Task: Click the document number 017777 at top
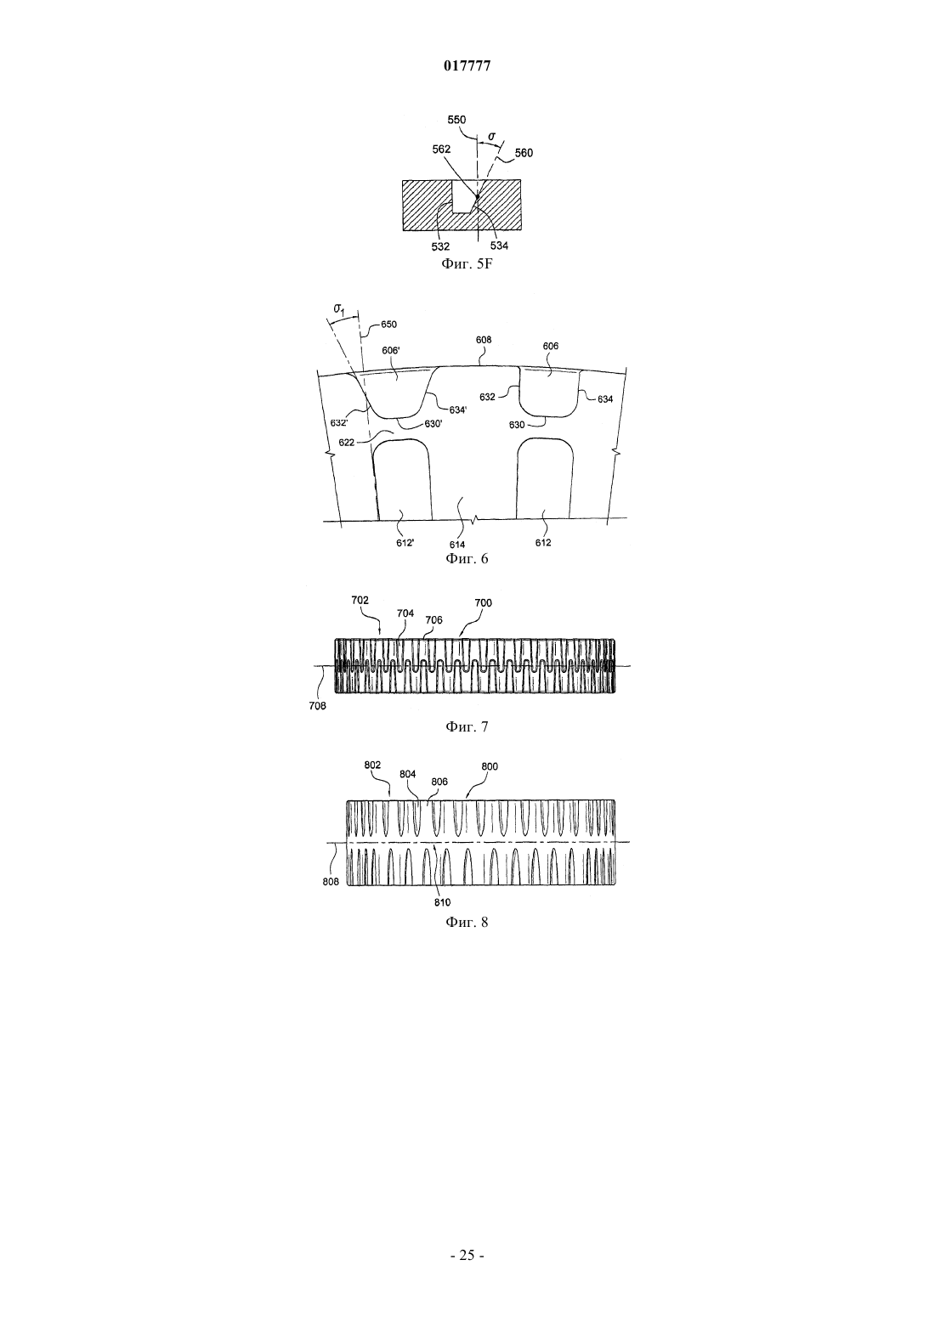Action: click(x=467, y=66)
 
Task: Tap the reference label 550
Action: click(x=456, y=119)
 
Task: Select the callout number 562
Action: click(x=441, y=150)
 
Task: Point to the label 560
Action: click(x=524, y=153)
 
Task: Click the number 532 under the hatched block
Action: click(x=441, y=246)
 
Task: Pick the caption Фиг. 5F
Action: click(x=467, y=264)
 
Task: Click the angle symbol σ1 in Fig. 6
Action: click(x=339, y=308)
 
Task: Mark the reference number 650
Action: click(x=388, y=324)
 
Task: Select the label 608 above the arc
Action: click(x=484, y=340)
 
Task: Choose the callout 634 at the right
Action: click(x=605, y=399)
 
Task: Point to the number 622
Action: click(x=347, y=442)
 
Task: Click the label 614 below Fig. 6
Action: click(x=457, y=545)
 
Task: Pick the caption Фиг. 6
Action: click(x=467, y=558)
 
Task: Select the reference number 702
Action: click(x=360, y=600)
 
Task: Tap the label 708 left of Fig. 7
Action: click(x=317, y=705)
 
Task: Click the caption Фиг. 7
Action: click(x=467, y=726)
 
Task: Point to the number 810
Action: click(x=442, y=901)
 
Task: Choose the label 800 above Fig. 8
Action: click(x=490, y=766)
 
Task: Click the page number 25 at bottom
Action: click(x=467, y=1255)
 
